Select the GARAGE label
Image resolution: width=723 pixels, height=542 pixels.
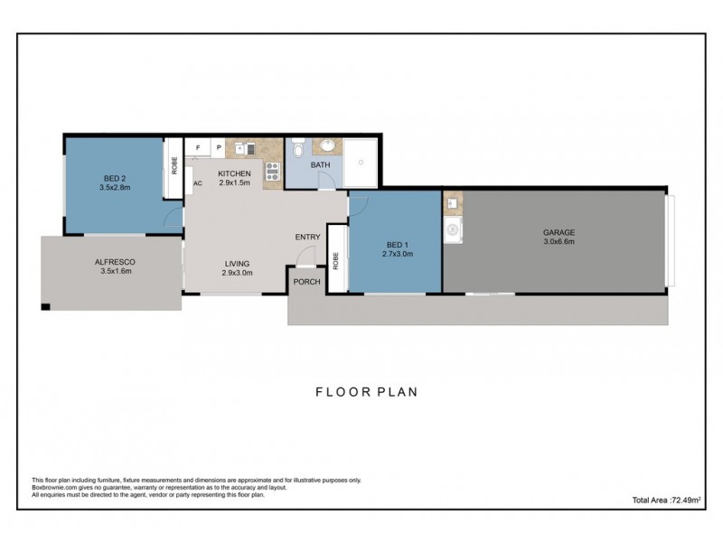point(559,238)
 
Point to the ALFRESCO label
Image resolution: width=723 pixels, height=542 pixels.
point(115,266)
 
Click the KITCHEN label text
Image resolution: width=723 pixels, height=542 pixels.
point(234,177)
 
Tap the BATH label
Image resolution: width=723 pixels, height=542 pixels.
point(321,165)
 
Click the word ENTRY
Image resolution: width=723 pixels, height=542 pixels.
point(307,238)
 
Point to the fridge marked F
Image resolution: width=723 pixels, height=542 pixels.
point(197,147)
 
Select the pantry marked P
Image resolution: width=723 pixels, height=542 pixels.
point(218,147)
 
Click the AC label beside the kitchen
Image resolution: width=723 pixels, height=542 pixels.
point(197,183)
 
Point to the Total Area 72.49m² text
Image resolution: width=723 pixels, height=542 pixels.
point(668,499)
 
